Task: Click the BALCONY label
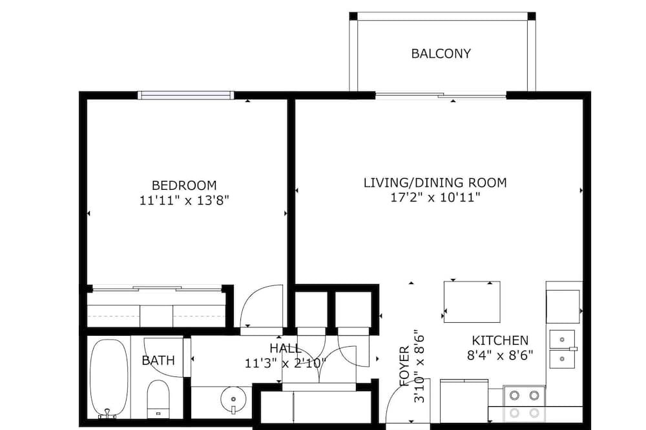[441, 54]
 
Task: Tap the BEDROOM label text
[184, 185]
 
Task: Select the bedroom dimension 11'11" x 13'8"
[184, 201]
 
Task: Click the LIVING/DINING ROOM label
[435, 183]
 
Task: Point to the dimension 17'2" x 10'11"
[435, 198]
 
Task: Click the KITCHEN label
[500, 340]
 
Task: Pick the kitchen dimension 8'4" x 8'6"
[500, 355]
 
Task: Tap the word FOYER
[404, 365]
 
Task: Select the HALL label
[286, 349]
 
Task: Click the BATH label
[158, 360]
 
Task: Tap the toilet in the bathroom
[158, 399]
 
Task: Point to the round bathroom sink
[233, 399]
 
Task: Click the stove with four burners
[524, 402]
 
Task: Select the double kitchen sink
[563, 349]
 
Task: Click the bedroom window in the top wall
[185, 96]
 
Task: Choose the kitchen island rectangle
[472, 302]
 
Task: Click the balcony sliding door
[441, 96]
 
